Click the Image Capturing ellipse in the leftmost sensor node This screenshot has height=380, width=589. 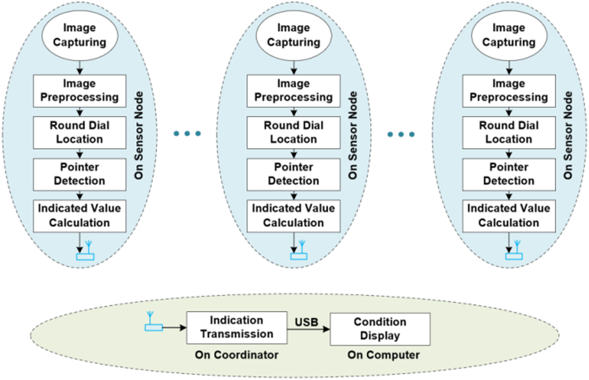pos(80,35)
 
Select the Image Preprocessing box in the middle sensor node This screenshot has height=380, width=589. pos(293,91)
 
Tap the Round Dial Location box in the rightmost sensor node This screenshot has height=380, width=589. pos(509,133)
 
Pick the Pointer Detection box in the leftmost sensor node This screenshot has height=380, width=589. pos(79,174)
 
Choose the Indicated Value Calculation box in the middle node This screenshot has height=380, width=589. pos(293,216)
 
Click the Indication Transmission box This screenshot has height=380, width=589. pos(237,328)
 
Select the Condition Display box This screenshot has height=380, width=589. pos(380,329)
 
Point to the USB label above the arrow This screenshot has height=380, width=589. pos(306,322)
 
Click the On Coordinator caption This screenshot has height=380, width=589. pos(237,355)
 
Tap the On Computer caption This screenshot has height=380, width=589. pos(383,355)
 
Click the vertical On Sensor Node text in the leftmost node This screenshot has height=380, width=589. pos(139,135)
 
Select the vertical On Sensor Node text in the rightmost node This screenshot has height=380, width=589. pos(568,135)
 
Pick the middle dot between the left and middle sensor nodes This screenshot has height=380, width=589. pos(187,134)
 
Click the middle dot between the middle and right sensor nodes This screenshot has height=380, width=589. pos(401,134)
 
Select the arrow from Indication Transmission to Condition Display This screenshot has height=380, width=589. pos(308,329)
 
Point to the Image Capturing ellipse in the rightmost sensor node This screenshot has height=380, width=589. pos(509,35)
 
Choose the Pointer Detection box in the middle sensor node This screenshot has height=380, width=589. pos(293,174)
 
